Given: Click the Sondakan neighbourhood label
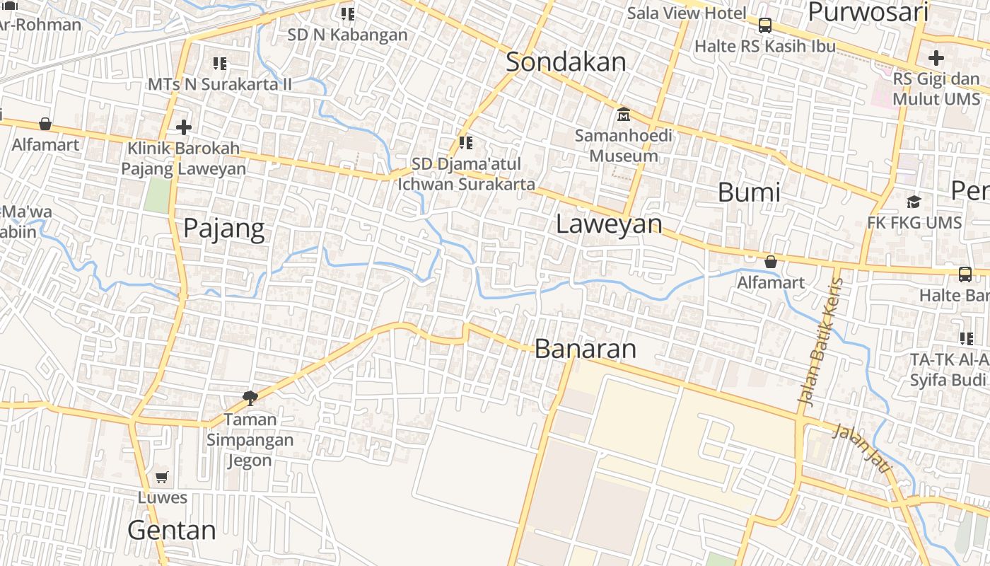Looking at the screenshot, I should pos(566,62).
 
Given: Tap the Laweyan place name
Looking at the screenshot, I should pos(609,224).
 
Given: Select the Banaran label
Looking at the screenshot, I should pos(585,349).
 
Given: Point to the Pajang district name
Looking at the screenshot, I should pos(223,229).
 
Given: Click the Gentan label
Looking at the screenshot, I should pos(172,530).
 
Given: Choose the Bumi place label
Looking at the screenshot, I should pos(749,192).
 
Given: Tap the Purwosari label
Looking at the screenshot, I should pos(868,12).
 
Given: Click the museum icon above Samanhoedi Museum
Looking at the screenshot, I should pos(624,114).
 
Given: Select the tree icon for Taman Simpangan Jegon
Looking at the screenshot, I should pos(250,398).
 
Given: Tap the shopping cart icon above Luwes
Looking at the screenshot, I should pos(162,478).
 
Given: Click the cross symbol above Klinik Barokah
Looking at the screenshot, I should pos(184,127).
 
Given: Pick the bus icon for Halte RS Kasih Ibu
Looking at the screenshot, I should pos(764,26).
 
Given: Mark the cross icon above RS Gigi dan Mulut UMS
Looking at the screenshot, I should pos(936,58).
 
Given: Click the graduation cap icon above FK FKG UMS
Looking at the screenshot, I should pos(914,202).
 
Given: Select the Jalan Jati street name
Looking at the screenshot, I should pos(862,449).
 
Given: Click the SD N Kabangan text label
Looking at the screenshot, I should pos(347,35).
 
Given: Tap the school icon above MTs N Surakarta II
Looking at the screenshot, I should pos(220,64).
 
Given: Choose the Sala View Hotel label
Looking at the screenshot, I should pos(687,13).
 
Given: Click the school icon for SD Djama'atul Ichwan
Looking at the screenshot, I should pos(465,143).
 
